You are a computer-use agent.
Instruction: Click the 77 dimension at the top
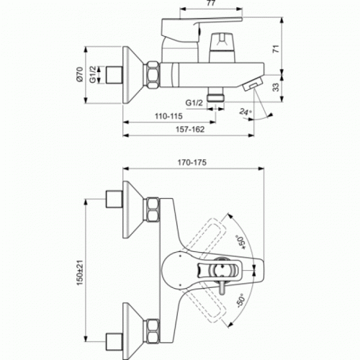[x=211, y=3]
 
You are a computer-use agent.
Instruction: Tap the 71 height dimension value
[x=276, y=49]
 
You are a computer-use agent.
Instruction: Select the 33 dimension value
[x=276, y=87]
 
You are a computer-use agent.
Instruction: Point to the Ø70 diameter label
[x=80, y=74]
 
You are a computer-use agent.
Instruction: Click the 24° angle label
[x=246, y=112]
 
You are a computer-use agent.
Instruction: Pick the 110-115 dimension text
[x=168, y=116]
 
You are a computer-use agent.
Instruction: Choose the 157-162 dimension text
[x=190, y=130]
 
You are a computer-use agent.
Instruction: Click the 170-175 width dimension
[x=192, y=163]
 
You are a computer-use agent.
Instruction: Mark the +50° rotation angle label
[x=241, y=242]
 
